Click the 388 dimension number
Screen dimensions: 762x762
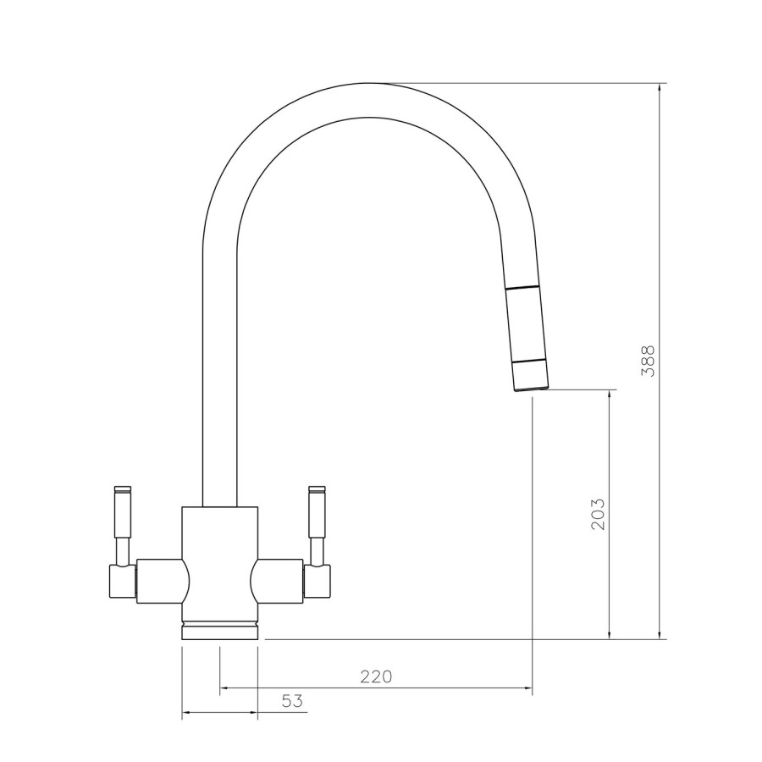point(648,361)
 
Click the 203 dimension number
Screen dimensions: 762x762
point(598,513)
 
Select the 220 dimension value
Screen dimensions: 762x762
point(376,676)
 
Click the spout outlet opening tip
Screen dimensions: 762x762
point(530,389)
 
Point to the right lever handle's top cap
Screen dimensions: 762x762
point(317,489)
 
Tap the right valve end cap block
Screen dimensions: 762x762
point(317,582)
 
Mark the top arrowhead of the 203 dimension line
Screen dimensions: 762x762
point(610,395)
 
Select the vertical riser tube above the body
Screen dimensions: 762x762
point(219,381)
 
